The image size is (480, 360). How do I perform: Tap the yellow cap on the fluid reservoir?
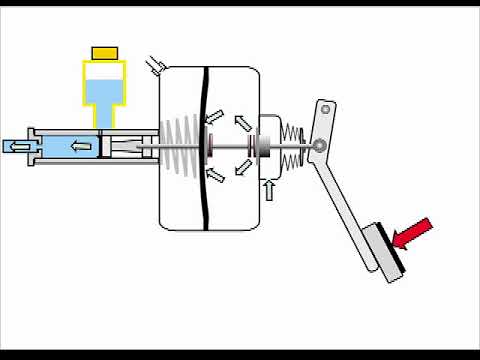(105, 51)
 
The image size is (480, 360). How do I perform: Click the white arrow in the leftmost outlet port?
(17, 147)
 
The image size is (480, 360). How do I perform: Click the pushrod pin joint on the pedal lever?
(318, 147)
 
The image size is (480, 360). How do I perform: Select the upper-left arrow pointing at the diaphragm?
(213, 118)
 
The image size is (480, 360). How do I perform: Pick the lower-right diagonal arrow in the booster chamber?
(243, 173)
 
